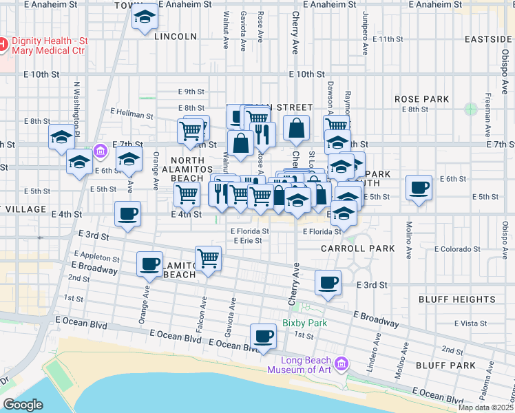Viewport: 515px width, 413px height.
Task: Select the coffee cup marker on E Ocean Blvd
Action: click(262, 336)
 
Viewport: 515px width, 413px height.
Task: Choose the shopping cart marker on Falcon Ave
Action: click(208, 259)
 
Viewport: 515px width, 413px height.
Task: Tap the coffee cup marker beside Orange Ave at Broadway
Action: click(149, 264)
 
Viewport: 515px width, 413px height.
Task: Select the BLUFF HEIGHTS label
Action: click(456, 299)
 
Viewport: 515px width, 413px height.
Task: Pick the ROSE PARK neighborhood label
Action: click(421, 100)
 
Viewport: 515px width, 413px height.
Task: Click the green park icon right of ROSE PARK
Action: click(471, 109)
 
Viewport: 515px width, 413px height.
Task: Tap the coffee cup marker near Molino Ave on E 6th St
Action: click(419, 187)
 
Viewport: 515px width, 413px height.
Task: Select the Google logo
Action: click(23, 405)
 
